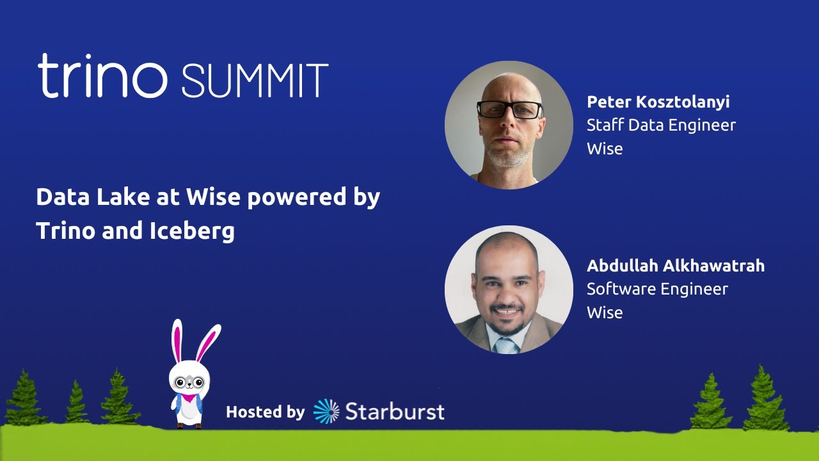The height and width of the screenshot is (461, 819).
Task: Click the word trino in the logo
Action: tap(102, 77)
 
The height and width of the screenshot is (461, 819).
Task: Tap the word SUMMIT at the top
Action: tap(255, 81)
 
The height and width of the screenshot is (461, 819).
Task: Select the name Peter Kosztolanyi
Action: tap(658, 102)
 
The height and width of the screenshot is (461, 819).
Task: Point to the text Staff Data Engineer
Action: tap(661, 125)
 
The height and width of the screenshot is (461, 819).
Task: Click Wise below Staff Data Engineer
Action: tap(604, 149)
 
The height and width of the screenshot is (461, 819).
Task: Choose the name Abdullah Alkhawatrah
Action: tap(675, 266)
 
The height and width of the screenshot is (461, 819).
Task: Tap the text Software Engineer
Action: tap(657, 289)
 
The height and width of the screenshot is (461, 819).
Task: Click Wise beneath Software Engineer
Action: tap(604, 312)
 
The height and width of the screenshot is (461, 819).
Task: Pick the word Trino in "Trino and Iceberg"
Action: tap(65, 231)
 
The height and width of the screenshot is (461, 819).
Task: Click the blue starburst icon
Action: tap(326, 412)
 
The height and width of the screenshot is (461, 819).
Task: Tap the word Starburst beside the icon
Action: tap(394, 412)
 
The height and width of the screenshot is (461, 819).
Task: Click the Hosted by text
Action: tap(265, 412)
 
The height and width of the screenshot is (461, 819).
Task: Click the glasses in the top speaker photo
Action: tap(510, 109)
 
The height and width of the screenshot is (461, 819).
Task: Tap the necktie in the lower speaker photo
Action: tap(507, 345)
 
